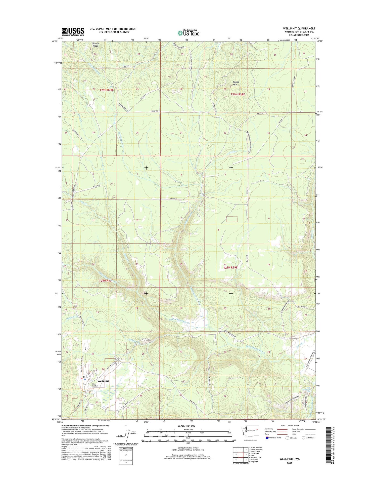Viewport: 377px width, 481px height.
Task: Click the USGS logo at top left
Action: click(x=73, y=31)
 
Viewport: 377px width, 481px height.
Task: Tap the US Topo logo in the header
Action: click(x=188, y=33)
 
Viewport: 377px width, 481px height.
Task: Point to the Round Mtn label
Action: click(x=236, y=83)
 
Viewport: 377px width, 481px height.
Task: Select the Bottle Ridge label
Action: click(x=96, y=45)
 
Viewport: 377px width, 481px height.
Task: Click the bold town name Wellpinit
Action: click(x=103, y=381)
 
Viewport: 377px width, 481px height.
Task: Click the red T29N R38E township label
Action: click(x=107, y=90)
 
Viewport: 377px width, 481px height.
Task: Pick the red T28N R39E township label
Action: click(x=230, y=267)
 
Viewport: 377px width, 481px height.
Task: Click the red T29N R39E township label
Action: click(x=238, y=94)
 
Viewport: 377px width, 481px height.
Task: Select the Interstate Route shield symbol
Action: click(x=267, y=438)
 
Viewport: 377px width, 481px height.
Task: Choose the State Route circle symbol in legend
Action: click(x=303, y=438)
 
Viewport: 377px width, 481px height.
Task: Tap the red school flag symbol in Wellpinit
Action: click(x=81, y=378)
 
